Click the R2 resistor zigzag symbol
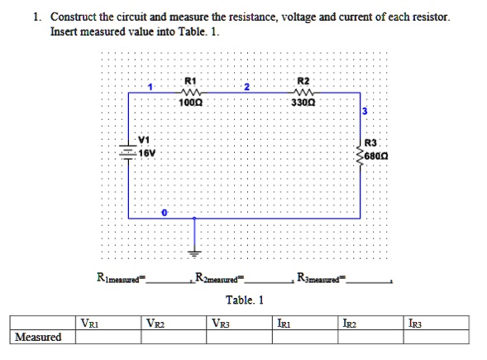pos(302,93)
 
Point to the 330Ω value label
pos(303,103)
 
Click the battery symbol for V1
pos(129,151)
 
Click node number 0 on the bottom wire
pos(164,214)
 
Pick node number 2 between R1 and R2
pos(246,87)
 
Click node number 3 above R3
pos(362,112)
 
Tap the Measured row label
pos(37,337)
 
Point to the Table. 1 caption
pos(245,299)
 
